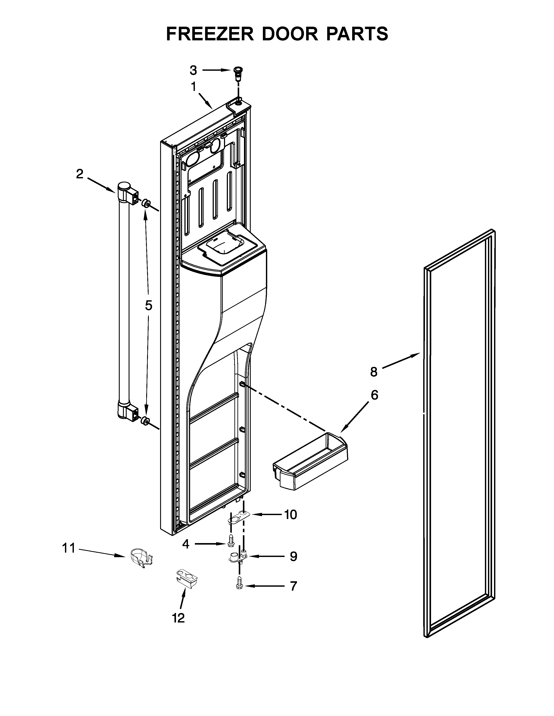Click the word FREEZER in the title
210,34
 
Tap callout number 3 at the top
193,70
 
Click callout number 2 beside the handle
80,174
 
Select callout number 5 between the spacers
149,305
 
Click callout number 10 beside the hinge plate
290,514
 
